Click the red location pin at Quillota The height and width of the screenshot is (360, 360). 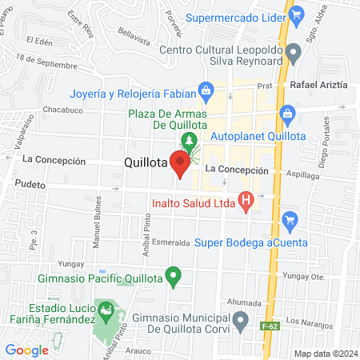click(180, 164)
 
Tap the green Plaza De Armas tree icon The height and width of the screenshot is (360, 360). click(190, 143)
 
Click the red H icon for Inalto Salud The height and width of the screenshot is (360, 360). click(247, 199)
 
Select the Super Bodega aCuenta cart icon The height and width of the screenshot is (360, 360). click(290, 218)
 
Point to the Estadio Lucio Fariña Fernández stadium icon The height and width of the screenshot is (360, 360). click(104, 309)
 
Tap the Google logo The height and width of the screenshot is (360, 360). click(26, 350)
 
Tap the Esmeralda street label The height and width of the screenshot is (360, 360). click(169, 242)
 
